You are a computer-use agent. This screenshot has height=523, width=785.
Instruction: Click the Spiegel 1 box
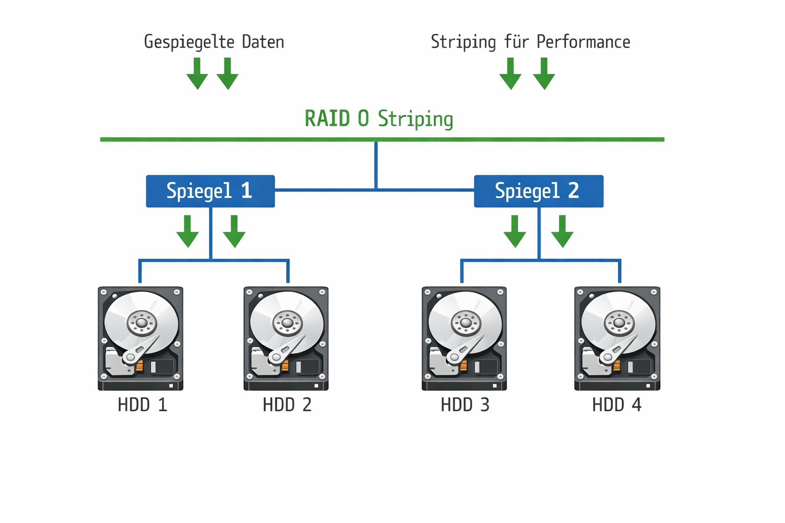210,191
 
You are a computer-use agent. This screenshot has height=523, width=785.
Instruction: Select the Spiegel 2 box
538,191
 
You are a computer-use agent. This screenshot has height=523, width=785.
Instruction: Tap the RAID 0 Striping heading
379,118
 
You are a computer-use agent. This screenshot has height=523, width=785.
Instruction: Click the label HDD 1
142,405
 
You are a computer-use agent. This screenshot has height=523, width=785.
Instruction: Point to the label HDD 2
287,405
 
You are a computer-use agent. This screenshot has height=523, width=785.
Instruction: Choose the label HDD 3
465,405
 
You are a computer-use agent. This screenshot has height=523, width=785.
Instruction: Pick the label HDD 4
616,405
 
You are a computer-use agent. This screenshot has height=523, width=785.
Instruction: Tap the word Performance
583,42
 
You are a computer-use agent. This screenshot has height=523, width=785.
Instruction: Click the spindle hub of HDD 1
142,323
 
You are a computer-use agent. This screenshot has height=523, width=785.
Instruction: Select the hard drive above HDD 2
286,338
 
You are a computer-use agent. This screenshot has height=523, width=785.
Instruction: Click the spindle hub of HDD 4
619,322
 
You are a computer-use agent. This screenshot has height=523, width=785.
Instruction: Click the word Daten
263,42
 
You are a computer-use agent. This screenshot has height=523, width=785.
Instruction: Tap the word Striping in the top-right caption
463,42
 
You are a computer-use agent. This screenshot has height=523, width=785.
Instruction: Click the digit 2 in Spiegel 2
573,191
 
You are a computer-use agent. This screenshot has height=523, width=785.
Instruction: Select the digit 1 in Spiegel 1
246,191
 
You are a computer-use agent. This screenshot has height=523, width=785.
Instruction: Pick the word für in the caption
516,42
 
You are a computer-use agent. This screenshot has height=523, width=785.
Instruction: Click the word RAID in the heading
327,118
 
